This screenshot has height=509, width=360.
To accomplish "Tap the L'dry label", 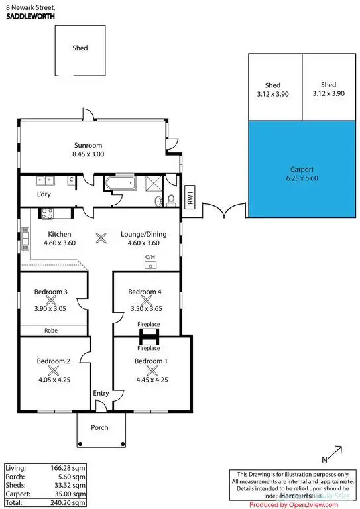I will [45, 194].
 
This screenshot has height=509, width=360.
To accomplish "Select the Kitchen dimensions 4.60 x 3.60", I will [60, 243].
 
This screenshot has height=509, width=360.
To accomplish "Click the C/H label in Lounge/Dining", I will [150, 258].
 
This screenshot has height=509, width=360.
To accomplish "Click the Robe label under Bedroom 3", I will [50, 330].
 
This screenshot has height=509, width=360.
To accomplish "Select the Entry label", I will [101, 394].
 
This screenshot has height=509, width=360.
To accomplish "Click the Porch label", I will [99, 427].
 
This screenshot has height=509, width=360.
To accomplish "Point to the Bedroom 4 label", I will [144, 292].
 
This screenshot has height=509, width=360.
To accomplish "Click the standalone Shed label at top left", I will [80, 48].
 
